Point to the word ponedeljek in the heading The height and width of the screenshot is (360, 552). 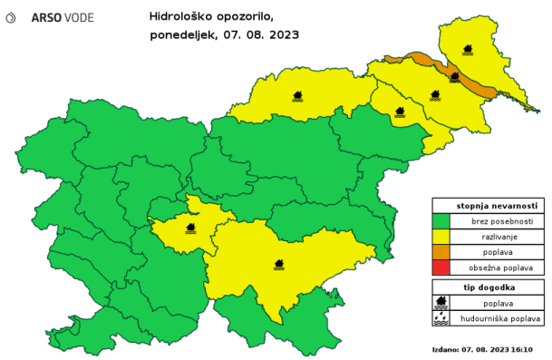pos(182,35)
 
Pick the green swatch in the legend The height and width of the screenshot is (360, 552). pos(441,220)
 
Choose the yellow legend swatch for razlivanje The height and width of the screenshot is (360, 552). pos(441,236)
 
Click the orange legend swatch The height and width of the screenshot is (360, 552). pos(441,251)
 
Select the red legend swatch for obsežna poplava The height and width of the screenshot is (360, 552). pos(441,267)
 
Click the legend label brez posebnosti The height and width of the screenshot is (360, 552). pos(497,220)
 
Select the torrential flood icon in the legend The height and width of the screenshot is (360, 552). pos(441,318)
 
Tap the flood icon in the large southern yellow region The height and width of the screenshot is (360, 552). pos(280,265)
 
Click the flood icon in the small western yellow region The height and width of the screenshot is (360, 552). pos(191,228)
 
